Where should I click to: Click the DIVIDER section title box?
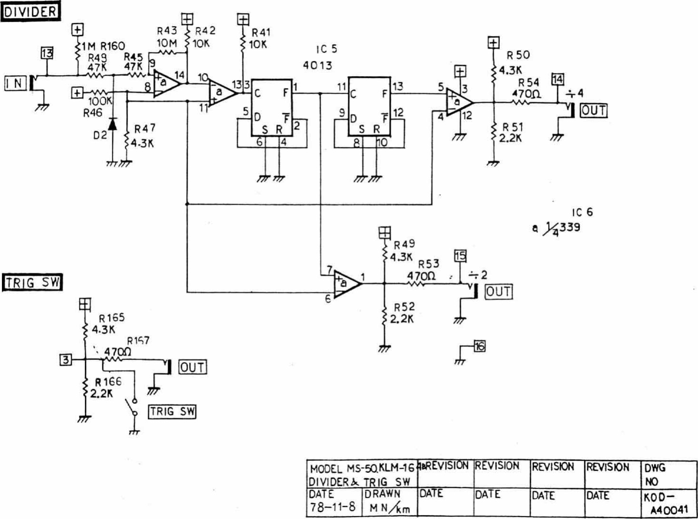coord(30,11)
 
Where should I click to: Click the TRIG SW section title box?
coord(32,282)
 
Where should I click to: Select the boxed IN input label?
coord(15,83)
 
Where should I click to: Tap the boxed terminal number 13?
coord(47,53)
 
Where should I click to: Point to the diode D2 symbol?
coord(112,124)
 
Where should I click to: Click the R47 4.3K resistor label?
coord(143,136)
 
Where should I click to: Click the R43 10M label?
coord(167,37)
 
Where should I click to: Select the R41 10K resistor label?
coord(260,39)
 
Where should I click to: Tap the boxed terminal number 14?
coord(557,79)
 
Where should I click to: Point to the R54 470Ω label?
coord(528,89)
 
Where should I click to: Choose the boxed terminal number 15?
coord(460,256)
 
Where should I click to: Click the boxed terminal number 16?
coord(479,346)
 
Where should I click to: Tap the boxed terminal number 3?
coord(66,359)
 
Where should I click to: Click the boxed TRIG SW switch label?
coord(172,411)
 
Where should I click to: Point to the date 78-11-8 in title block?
coord(333,506)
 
